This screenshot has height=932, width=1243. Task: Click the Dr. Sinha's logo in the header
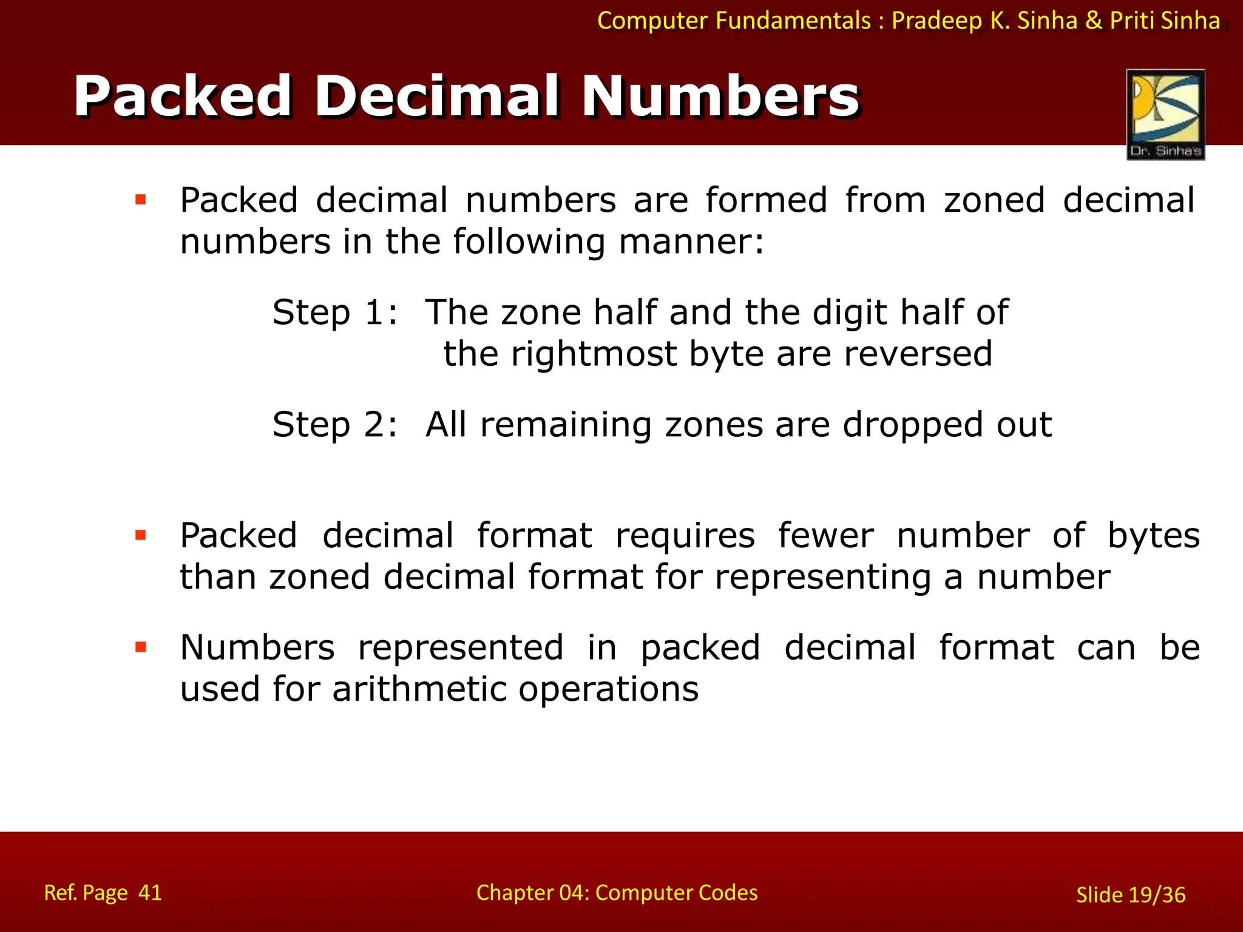pos(1165,115)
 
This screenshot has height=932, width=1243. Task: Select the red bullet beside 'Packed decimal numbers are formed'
pos(141,200)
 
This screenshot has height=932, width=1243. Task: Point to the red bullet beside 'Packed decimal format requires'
pos(141,535)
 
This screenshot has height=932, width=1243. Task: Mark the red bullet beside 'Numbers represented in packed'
pos(141,647)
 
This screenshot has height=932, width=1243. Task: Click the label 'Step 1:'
pos(334,313)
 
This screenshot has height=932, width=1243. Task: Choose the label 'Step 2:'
pos(334,425)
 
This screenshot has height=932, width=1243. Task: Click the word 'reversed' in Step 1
pos(918,354)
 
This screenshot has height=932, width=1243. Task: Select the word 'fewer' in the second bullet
pos(826,536)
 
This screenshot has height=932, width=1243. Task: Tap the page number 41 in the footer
pos(150,893)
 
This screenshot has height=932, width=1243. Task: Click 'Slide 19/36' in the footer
pos(1131,895)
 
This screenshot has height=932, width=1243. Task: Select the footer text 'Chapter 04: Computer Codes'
pos(617,893)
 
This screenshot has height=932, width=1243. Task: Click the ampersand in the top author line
pos(1094,21)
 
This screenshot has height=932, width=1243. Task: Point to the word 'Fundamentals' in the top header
pos(793,21)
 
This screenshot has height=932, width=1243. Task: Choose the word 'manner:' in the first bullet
pos(691,242)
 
